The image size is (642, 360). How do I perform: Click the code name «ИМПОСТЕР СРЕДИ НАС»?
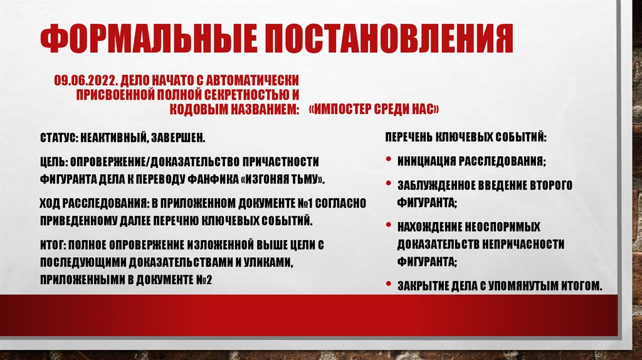(374, 110)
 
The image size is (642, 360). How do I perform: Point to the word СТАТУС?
(57, 137)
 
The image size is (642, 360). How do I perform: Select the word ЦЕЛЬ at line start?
(53, 162)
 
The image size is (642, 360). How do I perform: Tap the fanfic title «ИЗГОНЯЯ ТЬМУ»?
(283, 179)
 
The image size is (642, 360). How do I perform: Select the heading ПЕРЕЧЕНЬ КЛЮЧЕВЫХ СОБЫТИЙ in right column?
(465, 137)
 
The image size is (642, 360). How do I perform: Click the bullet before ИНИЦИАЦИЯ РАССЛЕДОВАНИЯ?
(390, 161)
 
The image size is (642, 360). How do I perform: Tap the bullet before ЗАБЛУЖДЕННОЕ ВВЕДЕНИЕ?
(390, 185)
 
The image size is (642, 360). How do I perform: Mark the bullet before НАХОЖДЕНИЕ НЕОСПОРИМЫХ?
(390, 226)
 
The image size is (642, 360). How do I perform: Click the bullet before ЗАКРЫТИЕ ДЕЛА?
(390, 285)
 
